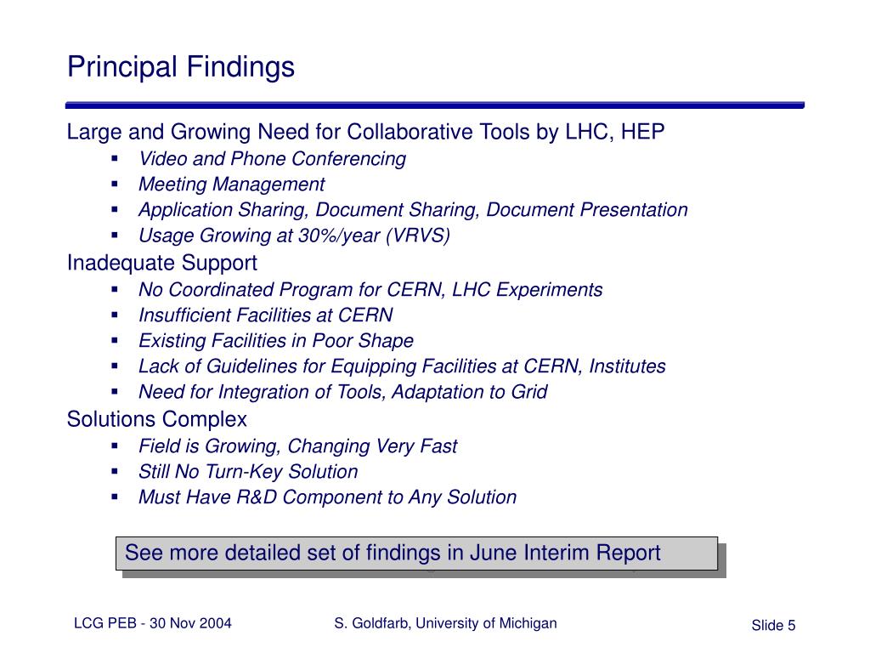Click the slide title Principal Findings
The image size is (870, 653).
point(181,67)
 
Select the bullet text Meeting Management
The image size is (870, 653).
point(231,185)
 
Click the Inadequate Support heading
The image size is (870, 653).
point(162,264)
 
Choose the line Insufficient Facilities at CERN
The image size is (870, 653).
point(266,315)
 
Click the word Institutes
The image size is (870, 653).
point(627,366)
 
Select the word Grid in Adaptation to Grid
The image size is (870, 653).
point(529,392)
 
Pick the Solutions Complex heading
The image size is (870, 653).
point(157,420)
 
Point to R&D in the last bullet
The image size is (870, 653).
point(257,497)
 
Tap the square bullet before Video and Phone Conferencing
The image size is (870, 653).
point(115,159)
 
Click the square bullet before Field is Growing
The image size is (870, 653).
point(115,446)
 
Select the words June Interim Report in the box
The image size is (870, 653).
point(565,553)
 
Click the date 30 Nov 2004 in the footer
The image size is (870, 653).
point(190,623)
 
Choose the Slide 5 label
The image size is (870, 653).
point(773,625)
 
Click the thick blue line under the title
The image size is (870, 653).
point(435,105)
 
